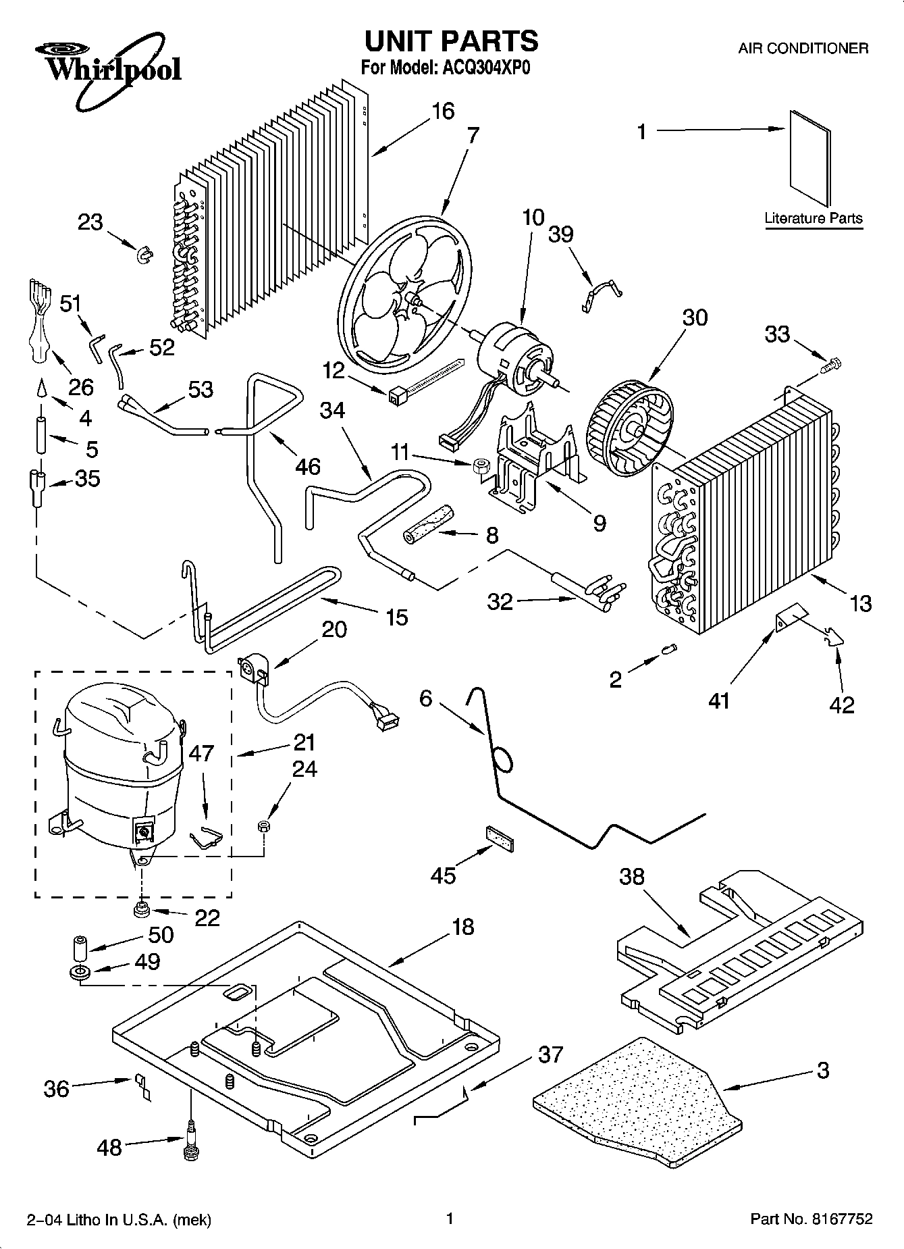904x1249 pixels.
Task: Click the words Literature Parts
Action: tap(813, 218)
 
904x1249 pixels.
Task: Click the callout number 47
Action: tap(201, 753)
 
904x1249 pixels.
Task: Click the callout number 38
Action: tap(632, 877)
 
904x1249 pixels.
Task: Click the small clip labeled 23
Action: tap(144, 255)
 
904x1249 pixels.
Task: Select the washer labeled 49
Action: tap(80, 973)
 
